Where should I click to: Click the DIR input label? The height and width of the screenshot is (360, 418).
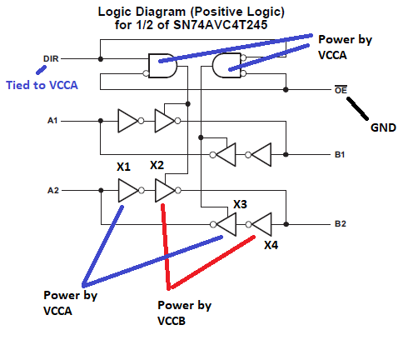(51, 59)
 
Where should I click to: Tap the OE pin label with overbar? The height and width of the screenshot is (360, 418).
(341, 89)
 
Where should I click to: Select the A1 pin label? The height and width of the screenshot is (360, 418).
(52, 121)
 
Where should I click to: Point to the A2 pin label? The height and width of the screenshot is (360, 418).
(53, 191)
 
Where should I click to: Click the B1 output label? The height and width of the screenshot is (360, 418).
(340, 155)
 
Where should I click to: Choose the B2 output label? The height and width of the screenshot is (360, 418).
(341, 224)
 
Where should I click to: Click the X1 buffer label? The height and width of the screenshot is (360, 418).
(123, 167)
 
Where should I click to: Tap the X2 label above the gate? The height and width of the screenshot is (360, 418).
(157, 165)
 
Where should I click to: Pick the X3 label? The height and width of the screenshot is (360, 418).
(240, 204)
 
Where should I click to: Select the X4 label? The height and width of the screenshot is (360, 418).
(271, 245)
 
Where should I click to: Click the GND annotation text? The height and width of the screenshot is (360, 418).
(383, 127)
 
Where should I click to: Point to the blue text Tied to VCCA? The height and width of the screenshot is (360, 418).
(42, 85)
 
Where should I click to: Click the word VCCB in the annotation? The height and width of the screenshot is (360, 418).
(172, 321)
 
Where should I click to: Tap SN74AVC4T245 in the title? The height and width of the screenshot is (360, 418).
(221, 25)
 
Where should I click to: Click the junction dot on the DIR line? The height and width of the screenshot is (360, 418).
(101, 59)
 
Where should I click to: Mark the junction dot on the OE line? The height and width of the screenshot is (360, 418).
(286, 89)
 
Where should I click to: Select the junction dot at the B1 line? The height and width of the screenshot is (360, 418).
(286, 155)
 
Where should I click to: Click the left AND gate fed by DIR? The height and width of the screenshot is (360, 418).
(162, 66)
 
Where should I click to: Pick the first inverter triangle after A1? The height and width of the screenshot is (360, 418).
(127, 121)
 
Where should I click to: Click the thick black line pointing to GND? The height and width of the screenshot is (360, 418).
(358, 108)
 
